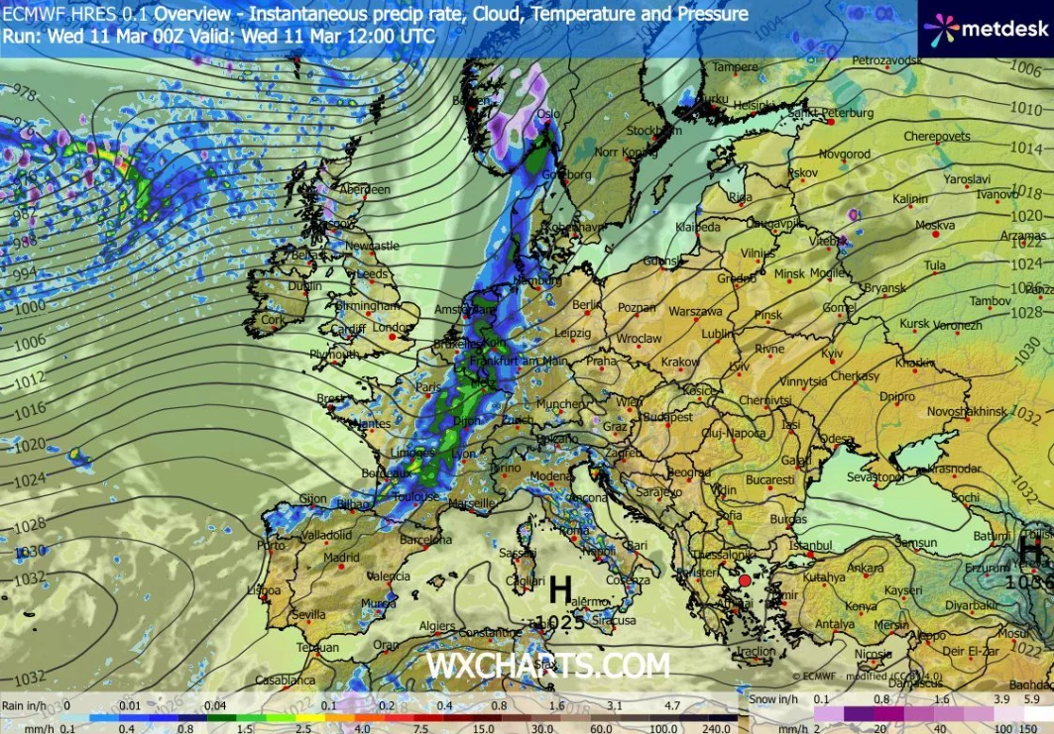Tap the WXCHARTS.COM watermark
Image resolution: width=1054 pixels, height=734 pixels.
click(547, 665)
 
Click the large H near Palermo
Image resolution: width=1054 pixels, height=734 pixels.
click(560, 591)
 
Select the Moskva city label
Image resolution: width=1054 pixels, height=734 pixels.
click(934, 225)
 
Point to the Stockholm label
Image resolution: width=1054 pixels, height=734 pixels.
click(653, 130)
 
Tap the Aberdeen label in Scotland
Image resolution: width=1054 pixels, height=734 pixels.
click(364, 189)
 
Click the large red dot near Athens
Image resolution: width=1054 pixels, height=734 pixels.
click(745, 580)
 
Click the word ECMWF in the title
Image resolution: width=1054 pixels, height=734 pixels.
click(30, 15)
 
